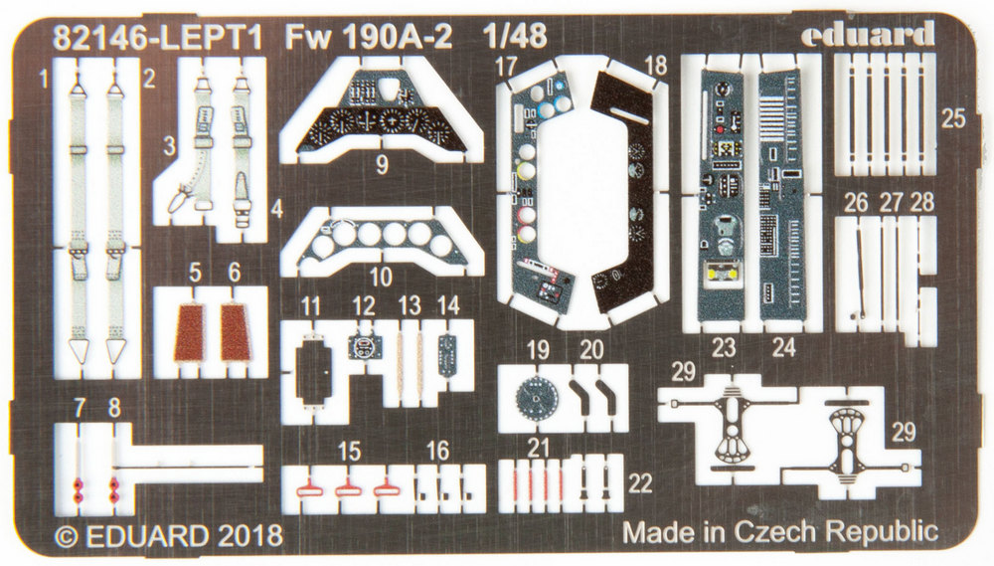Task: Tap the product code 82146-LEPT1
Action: [160, 37]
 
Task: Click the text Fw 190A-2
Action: [369, 37]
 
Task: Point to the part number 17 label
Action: [507, 67]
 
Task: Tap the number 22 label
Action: [641, 483]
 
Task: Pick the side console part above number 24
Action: [783, 199]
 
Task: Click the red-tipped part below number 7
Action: [78, 484]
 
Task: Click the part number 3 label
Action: [170, 145]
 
